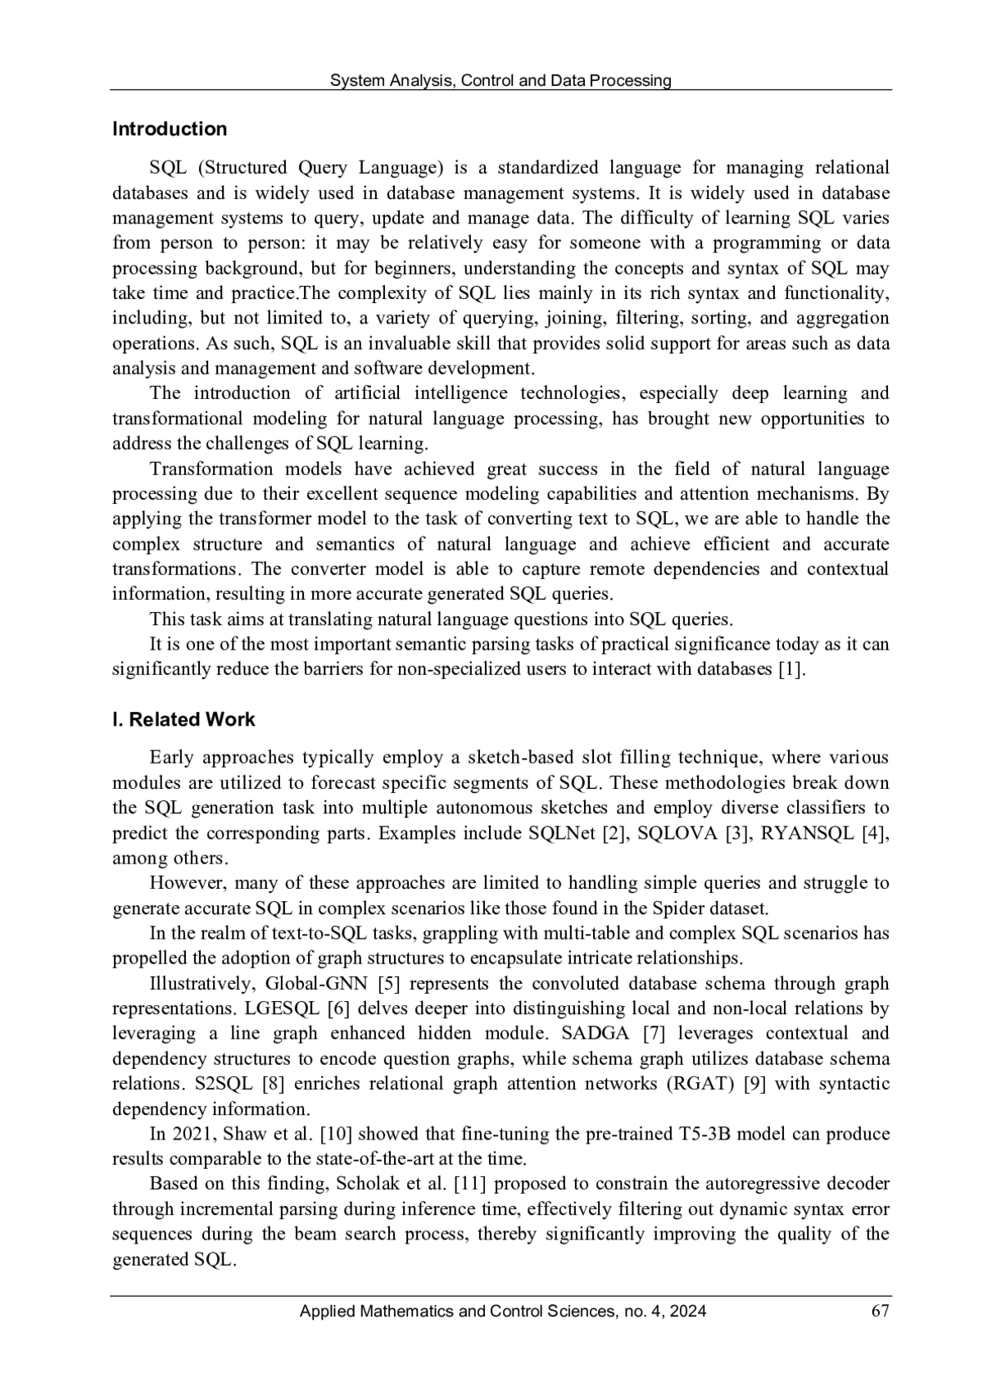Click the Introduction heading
[x=169, y=129]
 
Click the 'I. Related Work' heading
[x=183, y=719]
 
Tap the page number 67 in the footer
[x=881, y=1311]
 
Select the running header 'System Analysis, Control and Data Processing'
[x=500, y=80]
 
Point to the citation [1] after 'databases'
[x=790, y=668]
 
